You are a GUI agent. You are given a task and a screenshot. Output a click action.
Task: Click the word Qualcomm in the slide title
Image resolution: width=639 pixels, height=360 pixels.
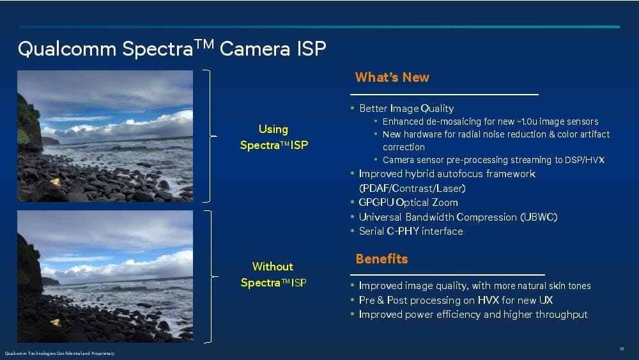coord(67,49)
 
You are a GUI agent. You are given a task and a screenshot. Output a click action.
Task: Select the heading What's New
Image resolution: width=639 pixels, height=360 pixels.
coord(392,77)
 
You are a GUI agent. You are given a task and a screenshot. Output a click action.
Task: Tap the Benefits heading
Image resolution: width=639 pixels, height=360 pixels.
coord(382,259)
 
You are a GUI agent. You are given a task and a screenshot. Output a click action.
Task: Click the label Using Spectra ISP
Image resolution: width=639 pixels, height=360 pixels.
coord(274,137)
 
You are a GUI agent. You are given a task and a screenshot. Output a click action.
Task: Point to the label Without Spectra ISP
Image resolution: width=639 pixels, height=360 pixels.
coord(273,274)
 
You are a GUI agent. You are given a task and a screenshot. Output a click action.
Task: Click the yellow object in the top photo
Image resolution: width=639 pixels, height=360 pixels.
coord(56,182)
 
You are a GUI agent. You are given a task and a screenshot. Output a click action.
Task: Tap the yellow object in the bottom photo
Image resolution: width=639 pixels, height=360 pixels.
coord(55,322)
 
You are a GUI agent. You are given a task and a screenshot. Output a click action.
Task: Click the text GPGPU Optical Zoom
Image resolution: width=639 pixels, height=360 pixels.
coord(408,203)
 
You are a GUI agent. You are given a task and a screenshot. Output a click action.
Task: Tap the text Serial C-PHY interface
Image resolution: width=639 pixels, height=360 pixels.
coord(411,231)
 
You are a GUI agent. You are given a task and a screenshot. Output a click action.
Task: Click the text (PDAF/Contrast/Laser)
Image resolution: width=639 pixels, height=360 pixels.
coord(412,189)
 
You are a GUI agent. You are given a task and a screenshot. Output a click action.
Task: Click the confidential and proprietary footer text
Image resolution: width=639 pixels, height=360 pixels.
coord(59,354)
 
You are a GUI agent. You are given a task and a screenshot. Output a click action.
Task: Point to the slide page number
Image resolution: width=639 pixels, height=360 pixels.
coord(622,349)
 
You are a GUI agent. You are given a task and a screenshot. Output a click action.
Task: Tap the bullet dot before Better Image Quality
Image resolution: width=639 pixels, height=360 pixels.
coord(353,108)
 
